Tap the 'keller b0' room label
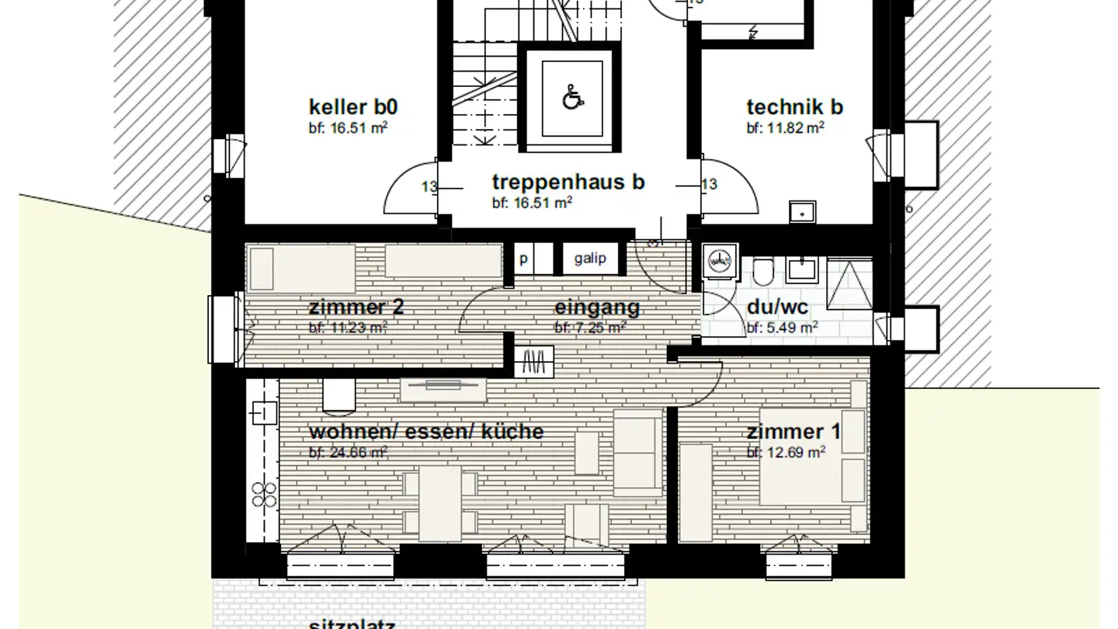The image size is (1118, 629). pos(353,106)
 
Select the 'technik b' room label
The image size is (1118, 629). pos(794,106)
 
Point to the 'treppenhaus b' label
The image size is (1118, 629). pos(568,182)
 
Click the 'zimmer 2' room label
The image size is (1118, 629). pos(356,308)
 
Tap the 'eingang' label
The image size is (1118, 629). pos(597,308)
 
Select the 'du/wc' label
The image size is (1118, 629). pos(777,308)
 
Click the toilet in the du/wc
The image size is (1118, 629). pos(762,270)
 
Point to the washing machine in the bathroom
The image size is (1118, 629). pos(719,262)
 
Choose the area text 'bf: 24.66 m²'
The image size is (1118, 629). pos(348,452)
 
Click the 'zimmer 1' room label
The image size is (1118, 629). pos(793,432)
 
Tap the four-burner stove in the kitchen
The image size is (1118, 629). pos(265,494)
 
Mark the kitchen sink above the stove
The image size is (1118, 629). pos(265,412)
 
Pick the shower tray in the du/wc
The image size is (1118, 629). pos(849,284)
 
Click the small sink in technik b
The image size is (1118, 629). pos(801,210)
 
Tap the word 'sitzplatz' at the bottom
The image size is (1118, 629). pos(352,624)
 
